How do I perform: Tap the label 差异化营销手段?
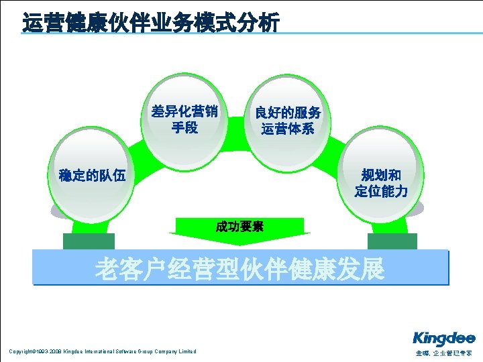tap(184, 118)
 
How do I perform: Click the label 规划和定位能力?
tap(380, 183)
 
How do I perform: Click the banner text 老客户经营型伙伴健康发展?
tap(239, 269)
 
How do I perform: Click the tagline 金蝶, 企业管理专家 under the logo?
tap(443, 353)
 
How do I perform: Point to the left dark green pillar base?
tap(89, 241)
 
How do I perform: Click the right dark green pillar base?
tap(392, 241)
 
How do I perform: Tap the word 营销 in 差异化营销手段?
tap(203, 110)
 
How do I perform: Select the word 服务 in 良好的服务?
tap(307, 112)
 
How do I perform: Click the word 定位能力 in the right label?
tap(380, 192)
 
